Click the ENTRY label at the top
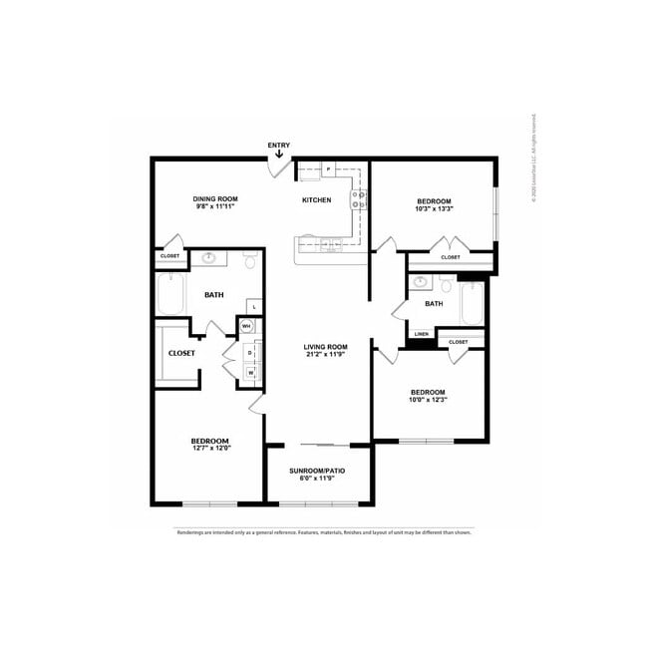coord(279,146)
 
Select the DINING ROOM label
coord(214,199)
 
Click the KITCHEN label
coord(316,200)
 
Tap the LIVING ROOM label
coord(325,347)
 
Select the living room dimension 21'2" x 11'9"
coord(325,355)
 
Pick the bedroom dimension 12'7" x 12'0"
coord(210,448)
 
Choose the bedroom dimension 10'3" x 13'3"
coord(434,209)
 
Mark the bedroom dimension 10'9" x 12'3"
coord(429,400)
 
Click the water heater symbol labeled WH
coord(246,326)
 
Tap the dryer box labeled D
coord(249,352)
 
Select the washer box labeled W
coord(249,372)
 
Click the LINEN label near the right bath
coord(422,334)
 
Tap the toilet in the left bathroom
coord(249,262)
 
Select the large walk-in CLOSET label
coord(181,353)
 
